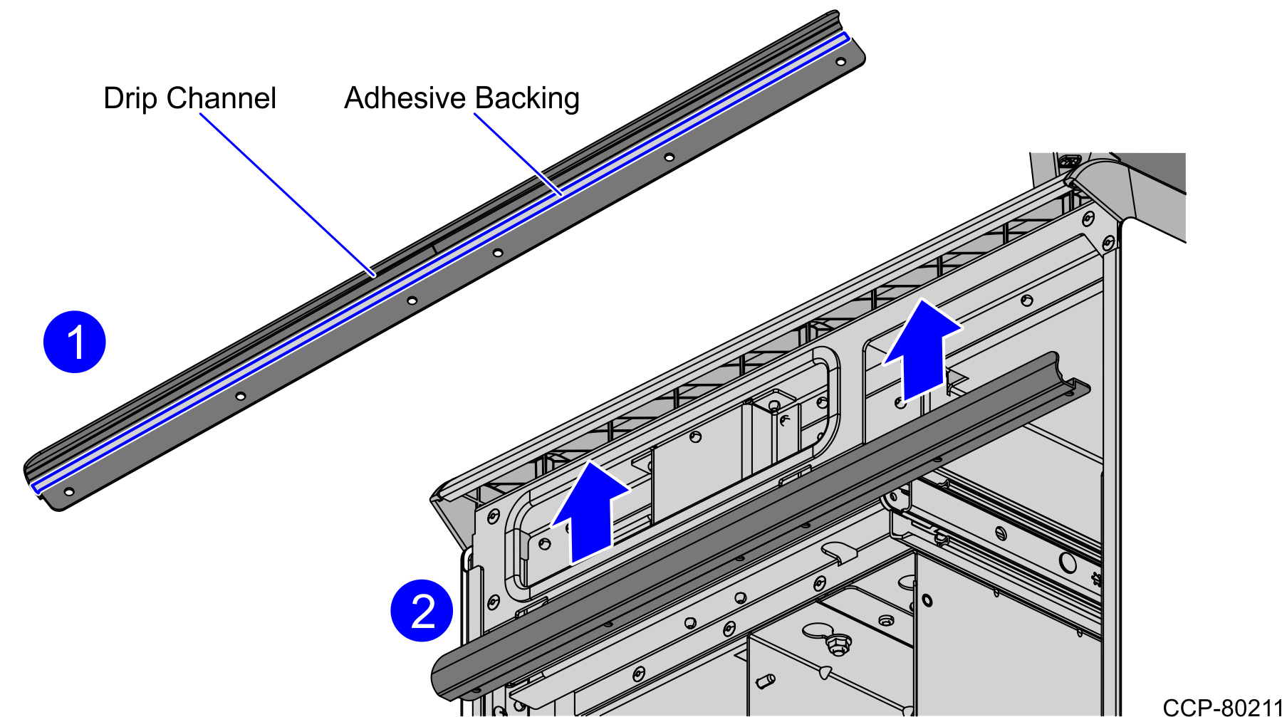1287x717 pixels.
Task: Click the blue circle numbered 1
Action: [74, 342]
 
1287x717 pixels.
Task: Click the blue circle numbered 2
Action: [422, 610]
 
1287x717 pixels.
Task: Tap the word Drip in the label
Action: [130, 99]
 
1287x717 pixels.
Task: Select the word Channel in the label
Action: [221, 98]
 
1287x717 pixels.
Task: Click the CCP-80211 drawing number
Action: [1223, 707]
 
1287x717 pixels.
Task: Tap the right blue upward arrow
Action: [922, 349]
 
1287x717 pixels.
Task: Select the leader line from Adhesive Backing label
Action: [518, 154]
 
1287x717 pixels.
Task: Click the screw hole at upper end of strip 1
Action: [840, 62]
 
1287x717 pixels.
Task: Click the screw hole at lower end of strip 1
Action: [69, 491]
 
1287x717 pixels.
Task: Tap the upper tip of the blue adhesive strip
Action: [846, 36]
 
